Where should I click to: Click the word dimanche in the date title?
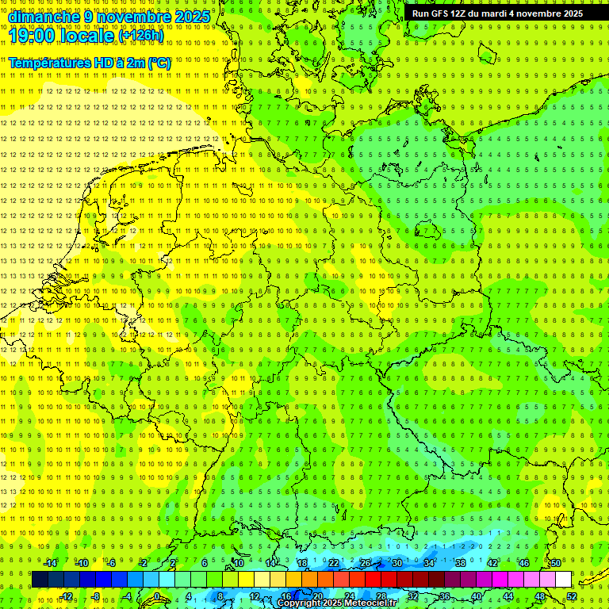pos(44,17)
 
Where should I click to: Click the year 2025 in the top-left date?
pos(193,17)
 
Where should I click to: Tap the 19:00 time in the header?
pos(39,36)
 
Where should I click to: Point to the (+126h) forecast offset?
pos(141,36)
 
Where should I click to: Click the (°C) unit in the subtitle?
pos(158,63)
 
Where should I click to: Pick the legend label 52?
pos(571,596)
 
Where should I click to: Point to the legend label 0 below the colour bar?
pos(157,596)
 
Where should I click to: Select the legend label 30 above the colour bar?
pos(396,563)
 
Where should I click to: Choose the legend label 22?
pos(334,563)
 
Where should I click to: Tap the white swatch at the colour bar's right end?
pos(563,580)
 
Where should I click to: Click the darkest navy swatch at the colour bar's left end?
pos(40,580)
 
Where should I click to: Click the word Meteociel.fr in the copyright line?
pos(370,603)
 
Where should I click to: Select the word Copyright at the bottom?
pos(298,603)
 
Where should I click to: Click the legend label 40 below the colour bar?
pos(476,596)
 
